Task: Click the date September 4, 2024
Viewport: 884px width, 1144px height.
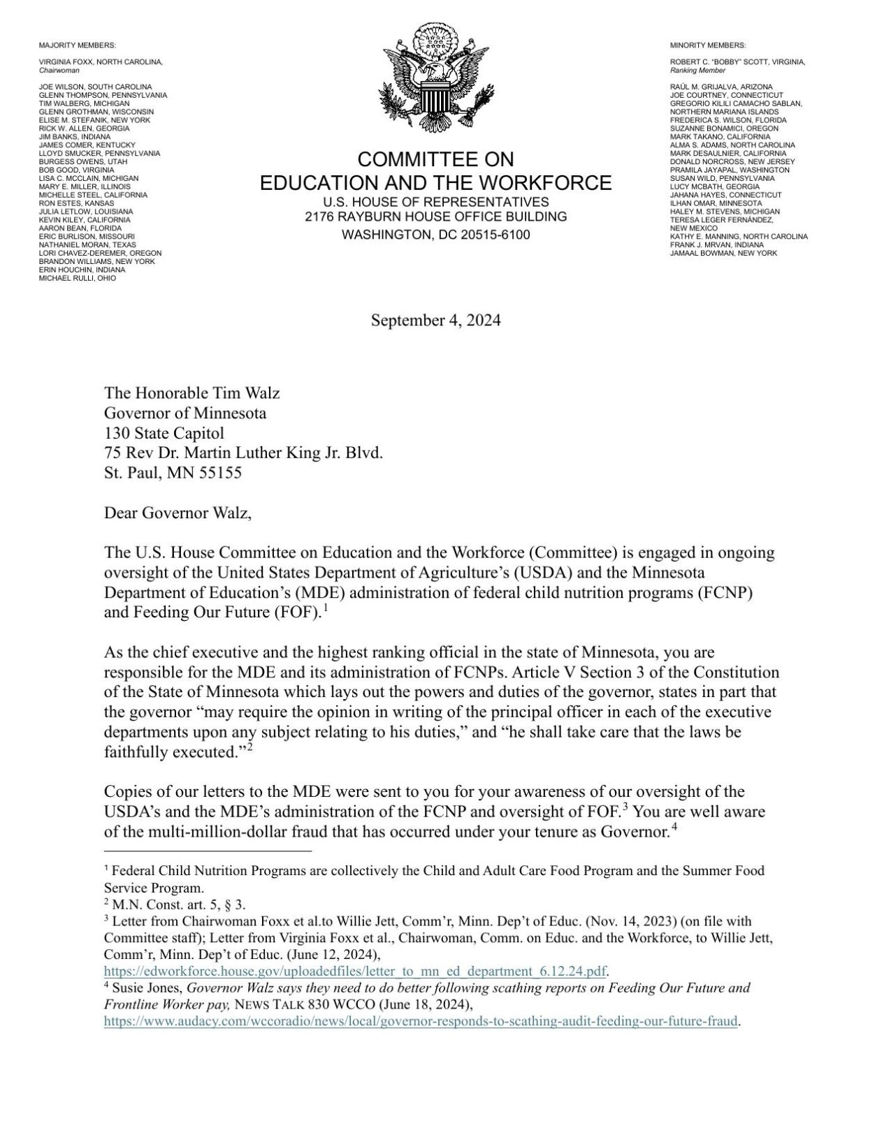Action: (435, 321)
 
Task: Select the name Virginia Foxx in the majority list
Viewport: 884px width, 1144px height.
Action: (66, 62)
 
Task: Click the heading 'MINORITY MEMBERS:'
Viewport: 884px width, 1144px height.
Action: (707, 45)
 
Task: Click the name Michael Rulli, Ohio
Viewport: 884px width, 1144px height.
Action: (77, 278)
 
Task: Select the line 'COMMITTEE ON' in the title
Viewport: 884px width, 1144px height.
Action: (435, 160)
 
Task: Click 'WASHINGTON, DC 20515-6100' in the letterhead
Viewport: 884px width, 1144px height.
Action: (435, 235)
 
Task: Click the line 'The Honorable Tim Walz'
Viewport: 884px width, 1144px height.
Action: (191, 393)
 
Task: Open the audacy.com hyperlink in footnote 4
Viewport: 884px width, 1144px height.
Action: (421, 1021)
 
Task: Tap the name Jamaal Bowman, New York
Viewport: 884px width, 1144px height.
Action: (723, 253)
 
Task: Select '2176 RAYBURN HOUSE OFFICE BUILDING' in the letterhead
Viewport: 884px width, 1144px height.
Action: (435, 217)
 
